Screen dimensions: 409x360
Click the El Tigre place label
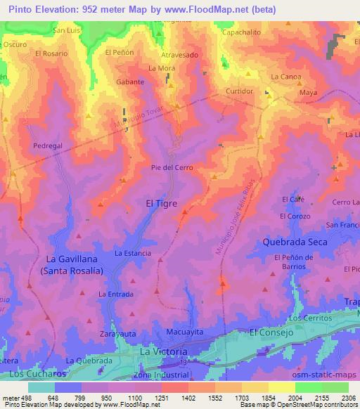pos(161,203)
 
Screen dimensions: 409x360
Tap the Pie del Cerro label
pos(172,167)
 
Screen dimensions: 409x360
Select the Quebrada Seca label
pos(295,241)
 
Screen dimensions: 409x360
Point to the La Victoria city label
pos(164,351)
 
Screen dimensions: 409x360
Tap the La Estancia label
pos(133,252)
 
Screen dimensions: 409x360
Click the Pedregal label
pos(48,145)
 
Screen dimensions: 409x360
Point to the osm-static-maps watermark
pos(329,376)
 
